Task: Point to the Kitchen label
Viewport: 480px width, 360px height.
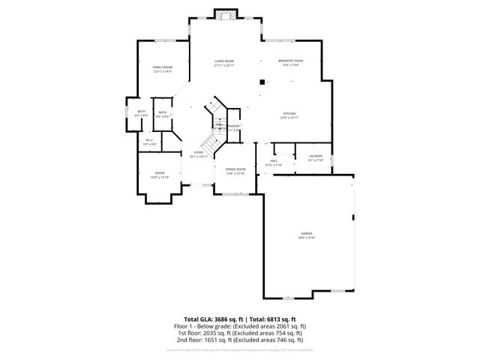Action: pyautogui.click(x=289, y=115)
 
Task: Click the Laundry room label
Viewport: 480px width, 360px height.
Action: pyautogui.click(x=315, y=157)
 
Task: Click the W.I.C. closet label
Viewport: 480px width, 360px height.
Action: pyautogui.click(x=149, y=141)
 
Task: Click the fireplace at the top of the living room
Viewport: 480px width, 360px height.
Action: pyautogui.click(x=224, y=14)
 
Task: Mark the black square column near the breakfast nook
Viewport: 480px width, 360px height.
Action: pyautogui.click(x=262, y=82)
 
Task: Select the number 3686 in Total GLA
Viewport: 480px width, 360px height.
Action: pyautogui.click(x=224, y=319)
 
